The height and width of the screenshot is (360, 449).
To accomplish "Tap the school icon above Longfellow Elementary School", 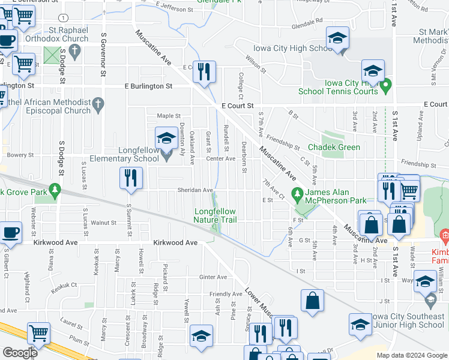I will click(x=166, y=138).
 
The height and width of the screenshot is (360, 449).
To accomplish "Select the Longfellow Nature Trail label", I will click(x=214, y=215).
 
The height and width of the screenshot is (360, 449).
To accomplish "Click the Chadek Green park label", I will click(x=334, y=147).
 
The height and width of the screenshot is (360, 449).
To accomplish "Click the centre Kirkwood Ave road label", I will click(x=175, y=242).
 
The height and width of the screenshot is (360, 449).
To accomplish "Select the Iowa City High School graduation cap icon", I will click(x=337, y=38).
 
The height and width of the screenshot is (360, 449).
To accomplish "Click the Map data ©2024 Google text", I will click(x=412, y=355).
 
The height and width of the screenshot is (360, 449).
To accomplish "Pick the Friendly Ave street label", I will click(x=225, y=294).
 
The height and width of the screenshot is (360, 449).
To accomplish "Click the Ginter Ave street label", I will click(x=213, y=277).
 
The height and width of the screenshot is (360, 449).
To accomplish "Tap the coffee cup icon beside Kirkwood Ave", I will click(x=10, y=232).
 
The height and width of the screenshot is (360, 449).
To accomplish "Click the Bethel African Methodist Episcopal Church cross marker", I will click(x=99, y=106).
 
